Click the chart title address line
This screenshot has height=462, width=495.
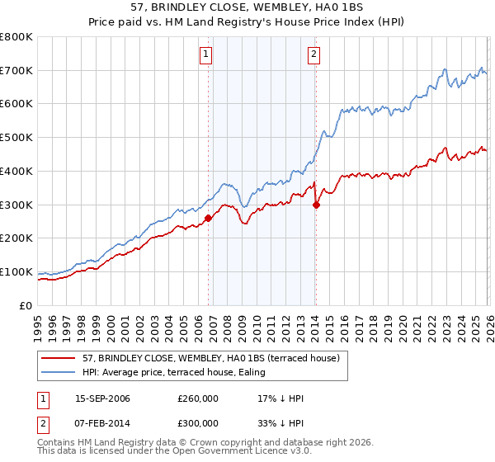247,7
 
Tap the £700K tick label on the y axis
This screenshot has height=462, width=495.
16,70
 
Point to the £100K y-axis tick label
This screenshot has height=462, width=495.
16,271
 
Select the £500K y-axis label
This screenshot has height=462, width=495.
16,138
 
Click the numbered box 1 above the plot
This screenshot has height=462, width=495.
205,55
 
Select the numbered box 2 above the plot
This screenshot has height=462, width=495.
314,55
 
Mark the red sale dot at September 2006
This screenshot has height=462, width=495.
208,218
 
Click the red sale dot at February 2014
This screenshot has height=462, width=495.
316,205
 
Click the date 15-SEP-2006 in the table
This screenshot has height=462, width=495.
102,398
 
